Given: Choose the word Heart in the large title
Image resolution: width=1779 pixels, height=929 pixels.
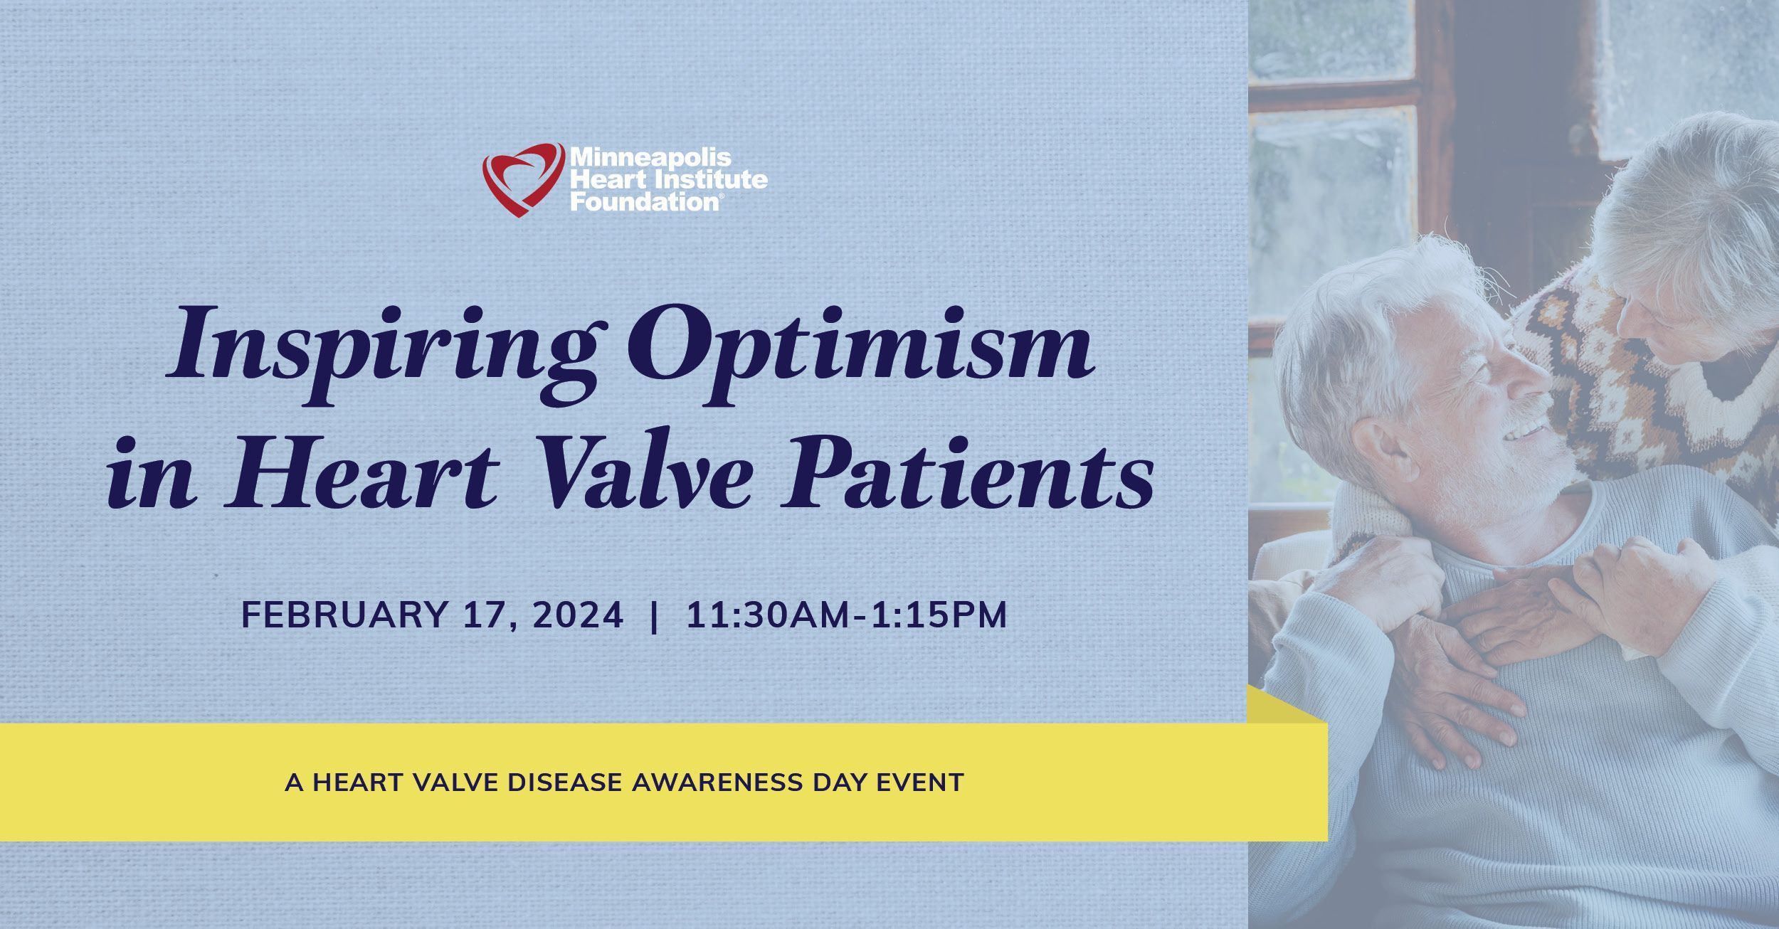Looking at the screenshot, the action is tap(361, 472).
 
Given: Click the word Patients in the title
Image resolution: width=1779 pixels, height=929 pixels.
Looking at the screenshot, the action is tap(966, 472).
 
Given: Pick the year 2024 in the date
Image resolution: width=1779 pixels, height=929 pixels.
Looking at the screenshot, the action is tap(577, 615).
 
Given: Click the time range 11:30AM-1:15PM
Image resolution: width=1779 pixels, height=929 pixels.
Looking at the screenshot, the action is tap(847, 615).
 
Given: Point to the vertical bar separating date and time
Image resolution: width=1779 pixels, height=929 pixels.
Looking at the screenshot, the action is tap(654, 615).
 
